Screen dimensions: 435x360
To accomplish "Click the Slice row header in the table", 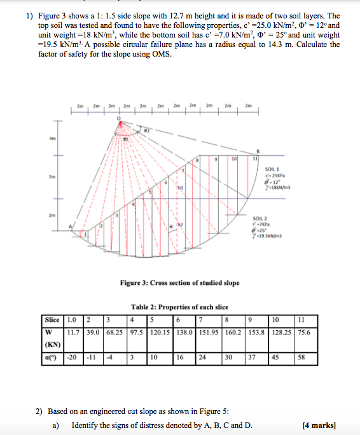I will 53,319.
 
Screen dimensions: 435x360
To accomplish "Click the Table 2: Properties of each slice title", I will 180,307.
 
